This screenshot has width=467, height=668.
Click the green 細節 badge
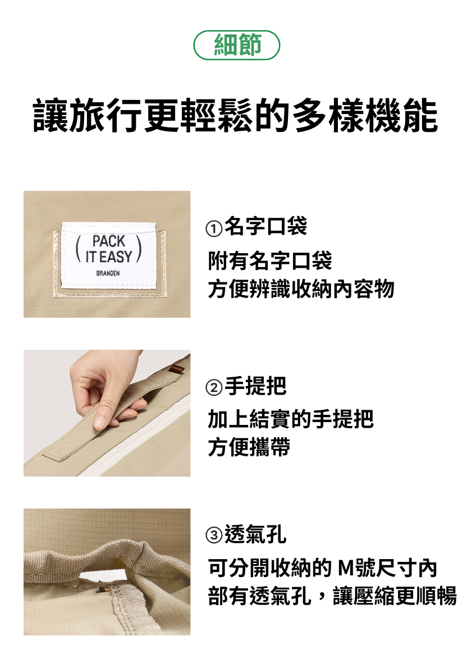tap(236, 45)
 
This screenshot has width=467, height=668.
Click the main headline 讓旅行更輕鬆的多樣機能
tap(235, 115)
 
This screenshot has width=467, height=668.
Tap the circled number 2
tap(213, 388)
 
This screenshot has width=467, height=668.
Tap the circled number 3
tap(213, 536)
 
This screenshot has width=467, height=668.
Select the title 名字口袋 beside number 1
tap(266, 226)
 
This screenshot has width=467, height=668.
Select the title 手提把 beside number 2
tap(255, 386)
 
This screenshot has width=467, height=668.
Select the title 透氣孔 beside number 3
tap(255, 533)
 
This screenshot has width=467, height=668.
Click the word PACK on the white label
tap(109, 241)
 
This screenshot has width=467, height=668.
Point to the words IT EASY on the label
tap(109, 257)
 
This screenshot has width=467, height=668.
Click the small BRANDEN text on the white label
tap(108, 273)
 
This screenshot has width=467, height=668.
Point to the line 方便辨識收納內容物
tap(301, 289)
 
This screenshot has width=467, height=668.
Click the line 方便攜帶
tap(249, 447)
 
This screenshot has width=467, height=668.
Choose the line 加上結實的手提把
tap(291, 419)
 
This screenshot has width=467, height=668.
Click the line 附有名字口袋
tap(270, 260)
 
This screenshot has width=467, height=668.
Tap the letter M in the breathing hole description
tap(346, 568)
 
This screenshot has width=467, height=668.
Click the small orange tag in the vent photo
tap(102, 590)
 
